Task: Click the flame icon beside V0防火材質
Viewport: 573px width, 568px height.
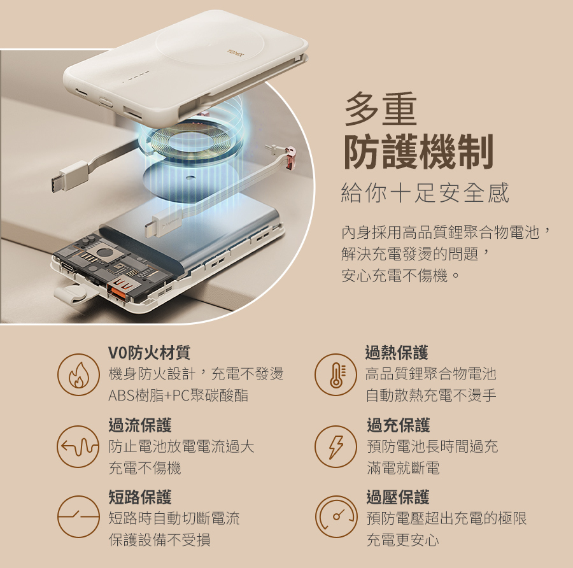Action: [x=78, y=374]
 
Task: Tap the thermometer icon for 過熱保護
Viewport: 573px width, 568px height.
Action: [x=336, y=374]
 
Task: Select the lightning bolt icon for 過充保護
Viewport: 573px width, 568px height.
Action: [x=336, y=446]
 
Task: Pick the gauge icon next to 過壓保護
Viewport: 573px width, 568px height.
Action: [x=336, y=517]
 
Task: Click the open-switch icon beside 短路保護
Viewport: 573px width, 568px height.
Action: [x=78, y=517]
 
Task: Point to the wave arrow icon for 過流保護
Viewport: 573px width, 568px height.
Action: [x=78, y=446]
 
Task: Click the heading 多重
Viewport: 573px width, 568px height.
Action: [x=381, y=109]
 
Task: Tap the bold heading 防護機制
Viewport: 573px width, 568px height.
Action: [x=419, y=152]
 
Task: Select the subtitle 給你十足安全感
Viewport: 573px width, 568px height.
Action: [x=425, y=193]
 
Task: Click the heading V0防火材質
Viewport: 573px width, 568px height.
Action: [x=150, y=352]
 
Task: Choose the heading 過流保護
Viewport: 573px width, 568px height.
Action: [x=140, y=425]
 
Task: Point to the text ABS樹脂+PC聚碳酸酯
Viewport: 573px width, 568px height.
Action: [x=178, y=395]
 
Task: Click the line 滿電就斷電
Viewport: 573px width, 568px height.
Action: [x=403, y=468]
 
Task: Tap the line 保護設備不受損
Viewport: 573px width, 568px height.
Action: [x=159, y=539]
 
